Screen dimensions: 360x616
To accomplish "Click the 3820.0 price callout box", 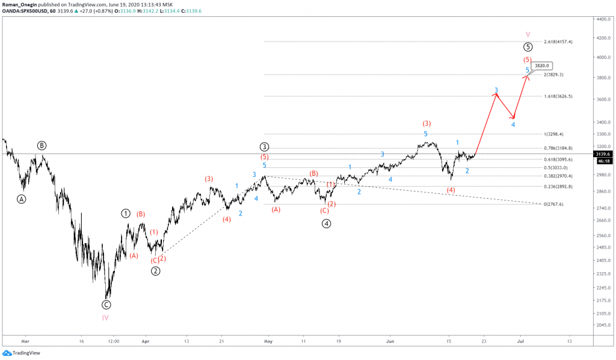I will click(x=540, y=66).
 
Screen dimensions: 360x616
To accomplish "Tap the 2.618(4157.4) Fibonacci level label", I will click(x=558, y=42).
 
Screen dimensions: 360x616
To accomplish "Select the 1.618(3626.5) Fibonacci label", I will click(x=558, y=96).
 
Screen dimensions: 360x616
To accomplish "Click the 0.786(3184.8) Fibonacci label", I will click(x=558, y=148).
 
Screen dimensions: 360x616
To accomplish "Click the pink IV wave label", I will click(x=105, y=317).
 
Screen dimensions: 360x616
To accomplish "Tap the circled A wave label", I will click(x=22, y=199).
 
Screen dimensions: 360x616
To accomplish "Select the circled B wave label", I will click(x=42, y=145).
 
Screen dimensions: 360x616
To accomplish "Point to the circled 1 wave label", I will click(x=126, y=213).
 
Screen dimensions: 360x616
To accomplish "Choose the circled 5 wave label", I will click(x=528, y=47).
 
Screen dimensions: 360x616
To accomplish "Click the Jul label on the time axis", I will click(x=522, y=340).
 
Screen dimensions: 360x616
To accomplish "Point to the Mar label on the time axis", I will click(x=25, y=340).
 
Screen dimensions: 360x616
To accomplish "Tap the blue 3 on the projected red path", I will click(x=496, y=90).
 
